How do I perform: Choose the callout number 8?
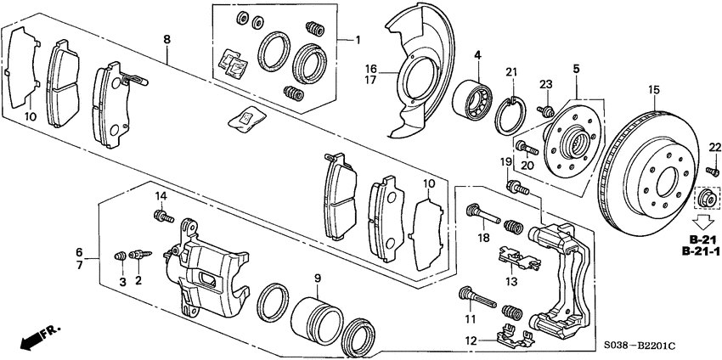(x=166, y=39)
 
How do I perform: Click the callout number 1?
(x=358, y=39)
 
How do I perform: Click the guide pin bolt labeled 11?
(x=477, y=297)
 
